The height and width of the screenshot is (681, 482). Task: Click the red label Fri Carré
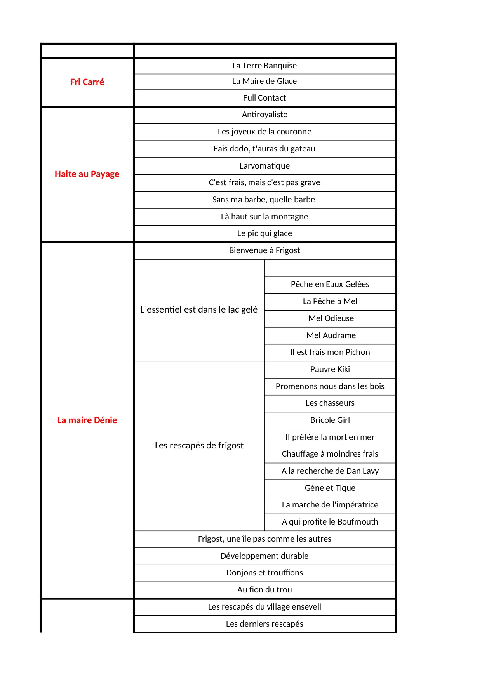click(x=87, y=82)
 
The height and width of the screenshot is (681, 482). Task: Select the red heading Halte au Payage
click(x=87, y=174)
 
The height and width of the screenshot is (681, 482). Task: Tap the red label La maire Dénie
click(x=87, y=420)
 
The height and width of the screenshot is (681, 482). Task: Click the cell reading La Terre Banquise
click(x=264, y=66)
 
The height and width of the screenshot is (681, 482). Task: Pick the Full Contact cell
click(x=264, y=98)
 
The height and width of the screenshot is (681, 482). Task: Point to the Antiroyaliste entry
click(x=264, y=115)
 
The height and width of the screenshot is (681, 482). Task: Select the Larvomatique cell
click(x=264, y=166)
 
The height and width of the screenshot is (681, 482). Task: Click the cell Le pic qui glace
click(x=264, y=233)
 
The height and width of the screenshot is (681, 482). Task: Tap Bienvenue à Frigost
click(x=264, y=250)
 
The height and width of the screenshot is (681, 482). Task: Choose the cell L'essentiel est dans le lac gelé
click(x=199, y=309)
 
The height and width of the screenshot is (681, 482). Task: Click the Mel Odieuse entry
click(x=331, y=318)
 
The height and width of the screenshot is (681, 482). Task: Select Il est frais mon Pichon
click(x=330, y=352)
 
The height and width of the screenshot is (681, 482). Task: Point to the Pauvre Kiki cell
click(x=330, y=369)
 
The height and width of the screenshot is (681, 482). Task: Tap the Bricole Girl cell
click(x=330, y=420)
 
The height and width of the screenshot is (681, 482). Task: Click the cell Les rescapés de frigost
click(x=199, y=445)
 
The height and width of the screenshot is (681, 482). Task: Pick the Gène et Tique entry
click(x=330, y=488)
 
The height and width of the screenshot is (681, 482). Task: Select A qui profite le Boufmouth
click(x=330, y=522)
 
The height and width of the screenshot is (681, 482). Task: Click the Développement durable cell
click(x=264, y=556)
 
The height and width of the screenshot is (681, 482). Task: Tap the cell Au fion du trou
click(x=264, y=590)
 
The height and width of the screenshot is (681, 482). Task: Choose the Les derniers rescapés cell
click(x=264, y=624)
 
